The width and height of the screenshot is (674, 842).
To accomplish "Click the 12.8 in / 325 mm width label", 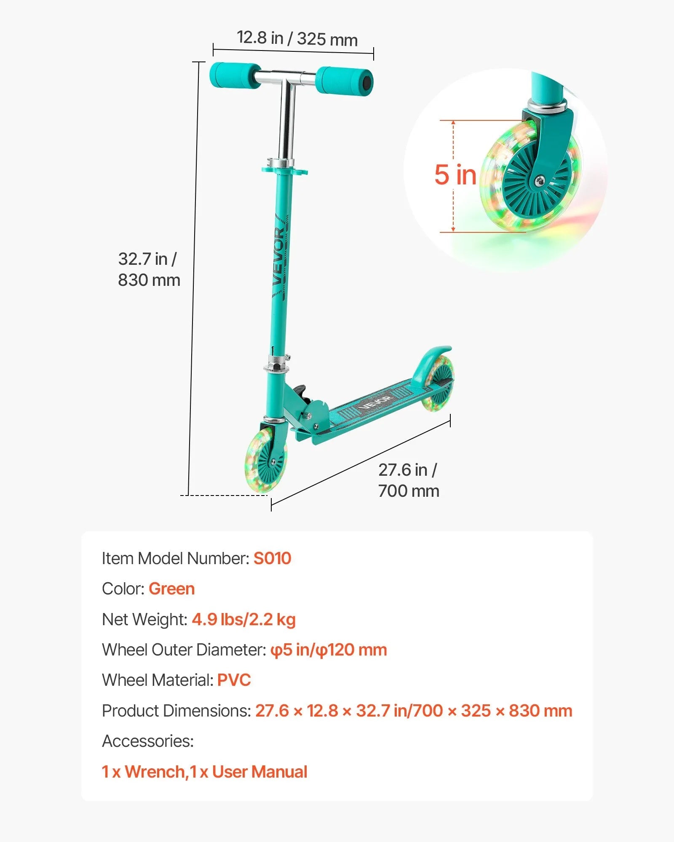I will click(297, 38).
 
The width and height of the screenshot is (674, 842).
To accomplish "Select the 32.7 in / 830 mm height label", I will click(149, 269).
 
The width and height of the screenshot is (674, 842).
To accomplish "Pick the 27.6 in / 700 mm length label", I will click(408, 480).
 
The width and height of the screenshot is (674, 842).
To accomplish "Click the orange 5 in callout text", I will click(455, 175).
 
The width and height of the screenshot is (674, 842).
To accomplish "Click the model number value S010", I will click(272, 559).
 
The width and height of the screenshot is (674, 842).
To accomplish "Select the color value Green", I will click(171, 589).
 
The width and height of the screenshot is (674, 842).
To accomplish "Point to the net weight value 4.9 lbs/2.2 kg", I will click(244, 620).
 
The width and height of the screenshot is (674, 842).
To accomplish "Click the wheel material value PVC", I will click(234, 680).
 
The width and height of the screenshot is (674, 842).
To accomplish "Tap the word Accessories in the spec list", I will click(148, 741).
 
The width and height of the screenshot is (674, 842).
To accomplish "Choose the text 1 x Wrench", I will click(143, 772).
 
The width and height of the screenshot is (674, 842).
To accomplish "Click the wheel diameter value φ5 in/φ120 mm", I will click(329, 650).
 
